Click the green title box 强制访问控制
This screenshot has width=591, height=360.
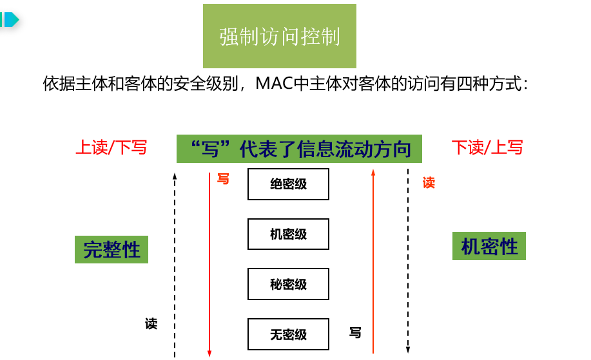point(280,36)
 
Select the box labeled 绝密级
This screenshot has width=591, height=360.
point(288,184)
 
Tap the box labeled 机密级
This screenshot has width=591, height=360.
point(288,234)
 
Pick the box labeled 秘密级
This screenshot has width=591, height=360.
point(288,284)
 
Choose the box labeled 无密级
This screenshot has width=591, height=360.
point(288,334)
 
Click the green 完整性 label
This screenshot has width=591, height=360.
point(111,249)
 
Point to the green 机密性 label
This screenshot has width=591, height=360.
point(489,246)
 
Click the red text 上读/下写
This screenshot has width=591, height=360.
point(111,147)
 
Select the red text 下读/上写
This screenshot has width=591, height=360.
point(487,147)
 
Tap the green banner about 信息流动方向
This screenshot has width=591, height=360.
point(299,149)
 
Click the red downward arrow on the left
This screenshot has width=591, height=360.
point(209,264)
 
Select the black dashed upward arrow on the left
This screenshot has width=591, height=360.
point(175,264)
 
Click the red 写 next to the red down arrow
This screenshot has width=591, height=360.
point(223,178)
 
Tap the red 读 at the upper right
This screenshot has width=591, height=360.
point(429,183)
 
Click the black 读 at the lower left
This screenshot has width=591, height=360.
point(151,323)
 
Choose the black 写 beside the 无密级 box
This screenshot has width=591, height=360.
point(355,333)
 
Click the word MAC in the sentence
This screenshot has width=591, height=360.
point(273,84)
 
